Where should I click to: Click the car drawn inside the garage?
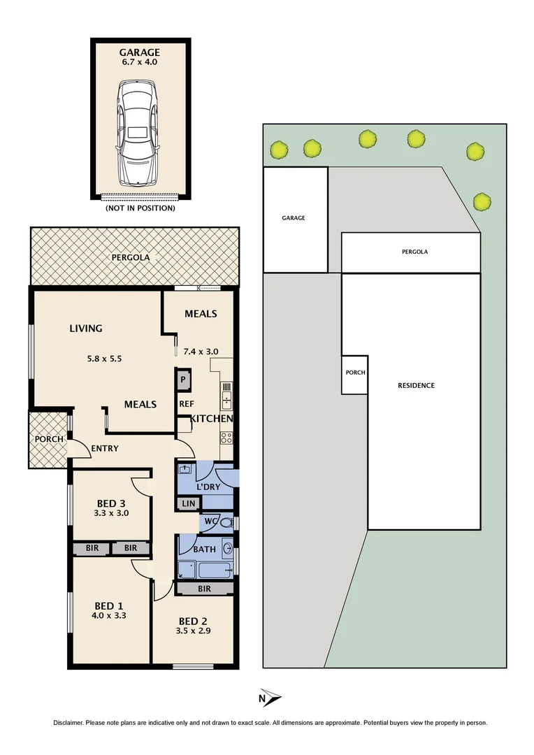(140, 132)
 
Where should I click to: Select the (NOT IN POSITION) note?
(140, 208)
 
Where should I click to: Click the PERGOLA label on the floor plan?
(131, 257)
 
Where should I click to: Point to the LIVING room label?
(86, 328)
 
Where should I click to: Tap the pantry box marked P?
(183, 380)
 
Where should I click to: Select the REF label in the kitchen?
(186, 403)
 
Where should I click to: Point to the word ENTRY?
(104, 448)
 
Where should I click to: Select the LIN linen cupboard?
(188, 503)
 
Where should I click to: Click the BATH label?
(204, 549)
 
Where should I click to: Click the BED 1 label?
(110, 605)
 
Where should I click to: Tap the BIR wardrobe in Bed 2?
(204, 589)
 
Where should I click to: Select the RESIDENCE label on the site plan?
(417, 385)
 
